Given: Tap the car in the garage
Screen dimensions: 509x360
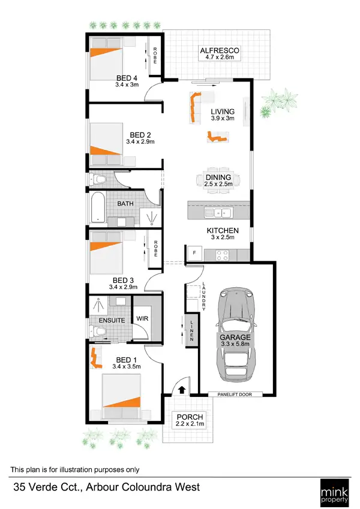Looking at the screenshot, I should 235,333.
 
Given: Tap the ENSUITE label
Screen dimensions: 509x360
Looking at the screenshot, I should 113,320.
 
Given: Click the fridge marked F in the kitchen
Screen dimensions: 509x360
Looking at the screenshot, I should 194,254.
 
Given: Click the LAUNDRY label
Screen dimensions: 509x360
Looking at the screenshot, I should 205,296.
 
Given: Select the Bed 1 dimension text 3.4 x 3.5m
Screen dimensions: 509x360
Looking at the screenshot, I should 127,366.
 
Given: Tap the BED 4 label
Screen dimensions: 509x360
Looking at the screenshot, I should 126,77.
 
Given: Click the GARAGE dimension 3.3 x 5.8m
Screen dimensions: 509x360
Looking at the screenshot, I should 235,345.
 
